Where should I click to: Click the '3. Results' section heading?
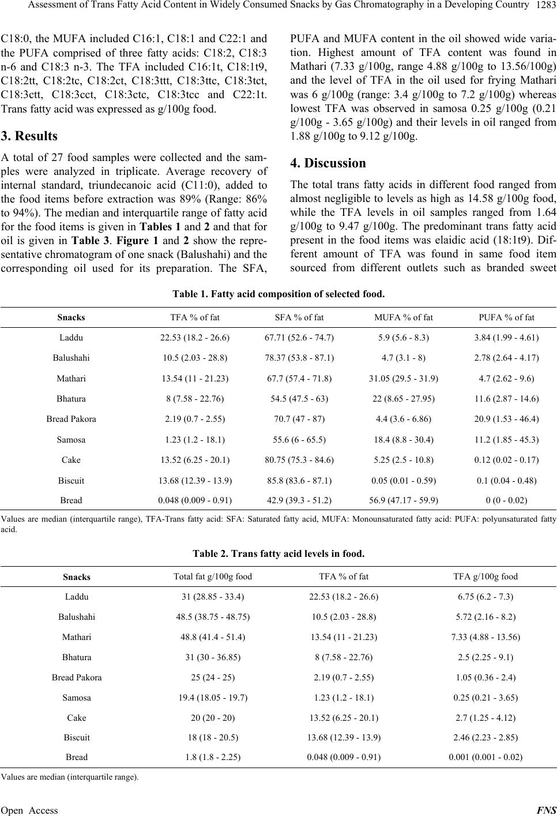(29, 136)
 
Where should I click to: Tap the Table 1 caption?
(278, 294)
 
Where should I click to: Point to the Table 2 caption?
(278, 553)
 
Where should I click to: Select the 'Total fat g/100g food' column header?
(213, 576)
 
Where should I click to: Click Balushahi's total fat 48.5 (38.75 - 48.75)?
(213, 616)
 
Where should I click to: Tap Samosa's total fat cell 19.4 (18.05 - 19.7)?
(213, 697)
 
